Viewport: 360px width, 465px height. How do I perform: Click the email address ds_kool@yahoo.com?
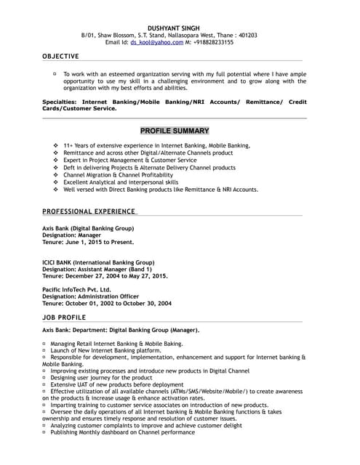tap(157, 43)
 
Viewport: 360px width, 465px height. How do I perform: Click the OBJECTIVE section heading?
tap(62, 56)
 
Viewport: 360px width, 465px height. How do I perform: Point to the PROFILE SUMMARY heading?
tap(175, 131)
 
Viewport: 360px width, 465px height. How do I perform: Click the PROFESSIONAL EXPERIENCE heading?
tap(89, 211)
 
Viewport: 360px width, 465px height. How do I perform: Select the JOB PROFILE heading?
tap(64, 318)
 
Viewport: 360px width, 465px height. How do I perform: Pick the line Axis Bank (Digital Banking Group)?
tap(88, 228)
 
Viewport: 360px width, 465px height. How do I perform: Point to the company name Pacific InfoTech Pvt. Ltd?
tap(77, 289)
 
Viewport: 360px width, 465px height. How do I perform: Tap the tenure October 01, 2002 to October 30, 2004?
tap(107, 304)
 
